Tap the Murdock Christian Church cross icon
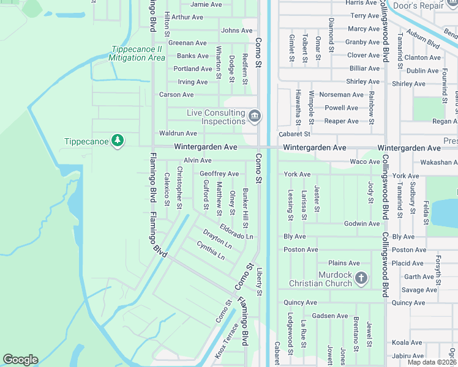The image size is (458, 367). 361,279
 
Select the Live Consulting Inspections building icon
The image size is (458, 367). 255,115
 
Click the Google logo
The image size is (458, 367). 20,360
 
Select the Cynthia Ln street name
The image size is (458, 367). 211,250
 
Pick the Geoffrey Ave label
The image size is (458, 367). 219,174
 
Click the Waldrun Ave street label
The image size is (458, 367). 178,133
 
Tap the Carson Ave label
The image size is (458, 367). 176,95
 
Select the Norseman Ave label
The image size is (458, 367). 345,95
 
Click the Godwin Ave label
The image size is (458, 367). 362,224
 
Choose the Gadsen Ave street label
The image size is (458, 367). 329,316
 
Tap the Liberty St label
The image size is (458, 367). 259,281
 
